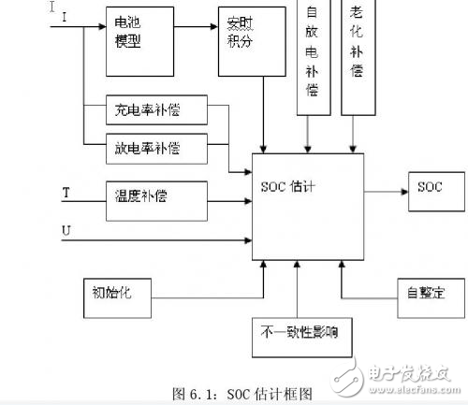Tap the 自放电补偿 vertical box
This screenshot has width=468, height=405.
pyautogui.click(x=312, y=56)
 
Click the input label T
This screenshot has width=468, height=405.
pyautogui.click(x=66, y=193)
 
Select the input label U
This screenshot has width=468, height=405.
pyautogui.click(x=66, y=229)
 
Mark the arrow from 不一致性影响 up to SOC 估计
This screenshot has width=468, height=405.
pyautogui.click(x=297, y=291)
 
